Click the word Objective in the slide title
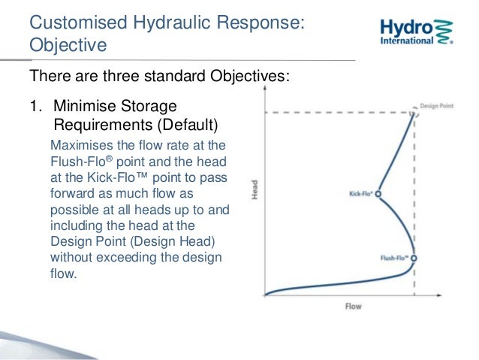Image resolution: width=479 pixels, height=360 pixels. (68, 47)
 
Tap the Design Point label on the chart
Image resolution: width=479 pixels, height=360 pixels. (436, 105)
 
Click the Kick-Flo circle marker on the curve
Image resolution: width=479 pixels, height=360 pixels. (378, 193)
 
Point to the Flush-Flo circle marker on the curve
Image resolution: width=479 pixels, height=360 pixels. (413, 258)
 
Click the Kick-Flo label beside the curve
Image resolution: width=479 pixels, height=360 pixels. (360, 194)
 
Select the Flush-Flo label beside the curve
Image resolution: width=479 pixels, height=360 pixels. (393, 258)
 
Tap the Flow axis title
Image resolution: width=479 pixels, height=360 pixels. (354, 307)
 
